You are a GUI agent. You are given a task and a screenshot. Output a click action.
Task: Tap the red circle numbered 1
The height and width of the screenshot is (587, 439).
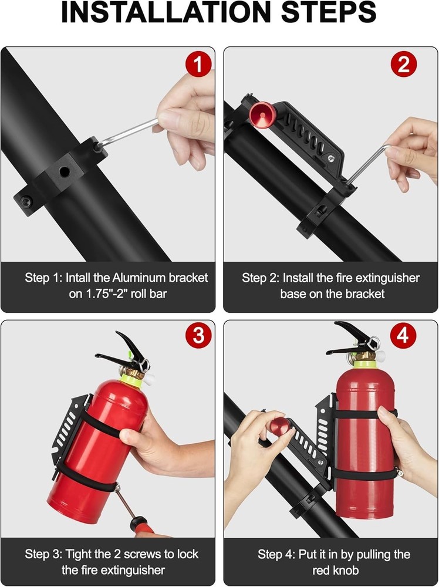(198, 64)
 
